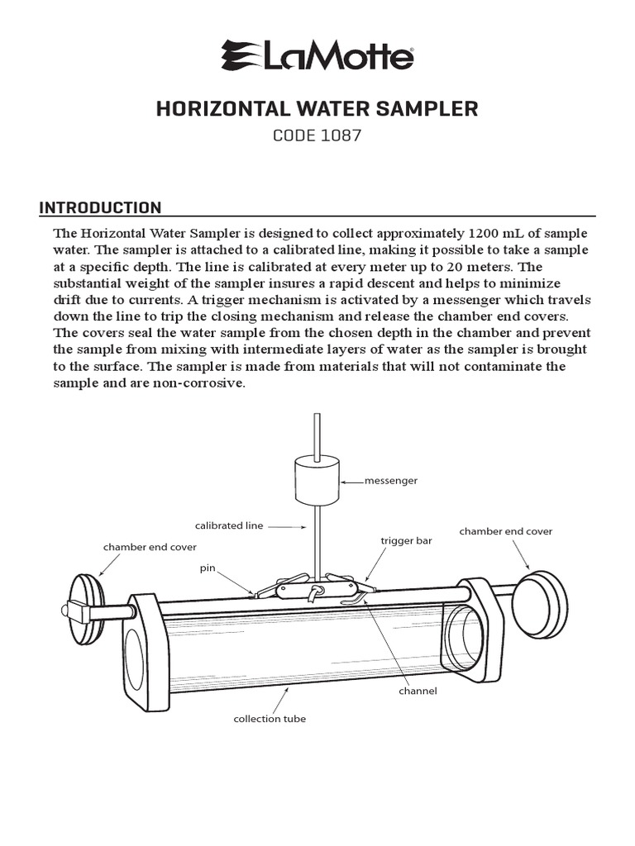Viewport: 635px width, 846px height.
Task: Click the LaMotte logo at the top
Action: point(317,57)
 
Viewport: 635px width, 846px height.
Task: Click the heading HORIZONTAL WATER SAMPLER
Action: point(317,109)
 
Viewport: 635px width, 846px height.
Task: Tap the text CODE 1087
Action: point(317,135)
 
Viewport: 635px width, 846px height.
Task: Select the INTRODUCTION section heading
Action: point(101,207)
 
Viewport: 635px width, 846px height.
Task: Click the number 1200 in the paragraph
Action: point(486,233)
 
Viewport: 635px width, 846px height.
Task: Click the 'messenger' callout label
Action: point(391,480)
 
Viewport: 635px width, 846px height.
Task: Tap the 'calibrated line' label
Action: point(229,525)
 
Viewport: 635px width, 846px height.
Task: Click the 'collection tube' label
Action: point(270,719)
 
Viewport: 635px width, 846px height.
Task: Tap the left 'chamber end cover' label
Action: point(149,547)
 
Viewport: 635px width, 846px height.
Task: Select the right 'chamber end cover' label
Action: point(506,531)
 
